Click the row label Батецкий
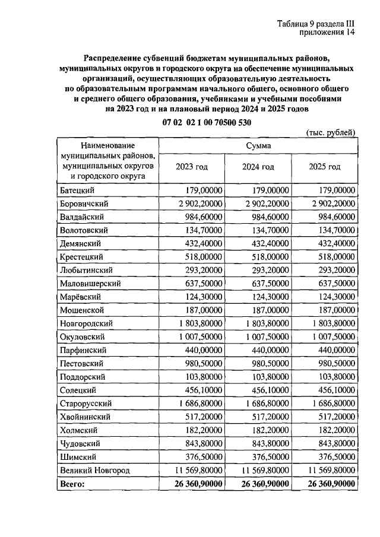[x=78, y=190]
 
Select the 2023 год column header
[x=192, y=167]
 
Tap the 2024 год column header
[x=258, y=167]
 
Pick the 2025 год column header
[x=325, y=167]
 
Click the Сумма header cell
[x=258, y=145]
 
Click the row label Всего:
[x=73, y=484]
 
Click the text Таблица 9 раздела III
[x=315, y=24]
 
